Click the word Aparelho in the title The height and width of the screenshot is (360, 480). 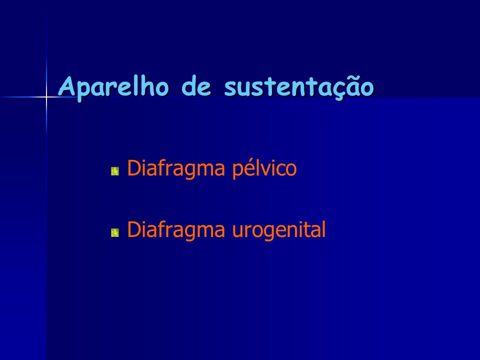click(x=113, y=86)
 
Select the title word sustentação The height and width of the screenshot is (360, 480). click(x=299, y=87)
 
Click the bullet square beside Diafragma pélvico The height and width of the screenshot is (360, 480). click(x=115, y=171)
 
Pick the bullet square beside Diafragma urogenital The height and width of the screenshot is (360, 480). click(x=115, y=232)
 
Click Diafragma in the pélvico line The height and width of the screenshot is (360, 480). click(x=176, y=168)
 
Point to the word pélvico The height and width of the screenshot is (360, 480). click(x=264, y=168)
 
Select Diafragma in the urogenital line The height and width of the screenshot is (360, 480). click(x=176, y=230)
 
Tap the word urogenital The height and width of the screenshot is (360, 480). click(x=279, y=230)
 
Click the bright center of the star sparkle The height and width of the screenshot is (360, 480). click(x=46, y=97)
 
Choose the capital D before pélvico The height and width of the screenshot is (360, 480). click(x=134, y=168)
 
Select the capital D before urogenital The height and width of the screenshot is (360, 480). click(x=134, y=229)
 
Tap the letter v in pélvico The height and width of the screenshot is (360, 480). click(x=265, y=170)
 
